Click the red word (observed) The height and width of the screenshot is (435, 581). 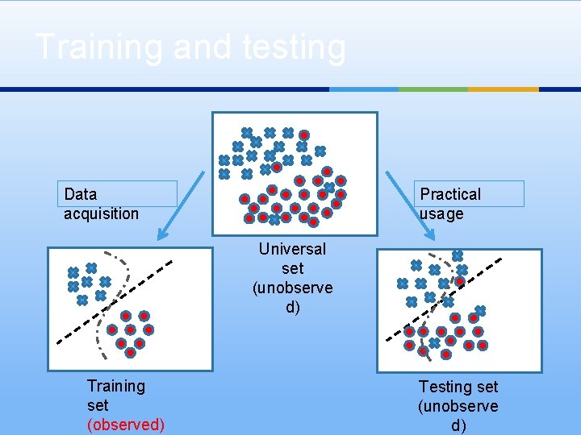point(125,425)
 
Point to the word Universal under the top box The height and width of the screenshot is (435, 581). point(292,249)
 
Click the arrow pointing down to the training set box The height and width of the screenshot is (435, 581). point(182,205)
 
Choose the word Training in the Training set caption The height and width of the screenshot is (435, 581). point(116,386)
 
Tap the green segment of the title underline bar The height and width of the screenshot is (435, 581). point(433,89)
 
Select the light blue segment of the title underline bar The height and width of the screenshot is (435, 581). point(364,89)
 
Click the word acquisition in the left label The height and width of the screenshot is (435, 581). point(101,213)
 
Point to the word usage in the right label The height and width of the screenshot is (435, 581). point(441,213)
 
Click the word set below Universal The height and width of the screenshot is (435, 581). point(292,268)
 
